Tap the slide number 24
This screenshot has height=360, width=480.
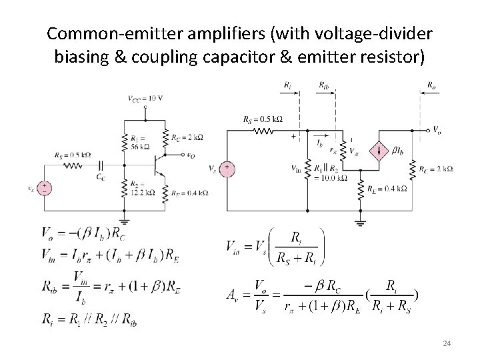click(447, 343)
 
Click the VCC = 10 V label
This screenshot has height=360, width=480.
click(145, 98)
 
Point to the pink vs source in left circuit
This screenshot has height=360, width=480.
click(45, 188)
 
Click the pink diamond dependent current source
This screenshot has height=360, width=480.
click(382, 151)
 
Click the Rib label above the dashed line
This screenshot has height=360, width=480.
click(324, 85)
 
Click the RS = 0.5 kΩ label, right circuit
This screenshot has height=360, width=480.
click(263, 120)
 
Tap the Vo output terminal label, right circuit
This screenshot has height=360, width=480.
click(437, 129)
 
